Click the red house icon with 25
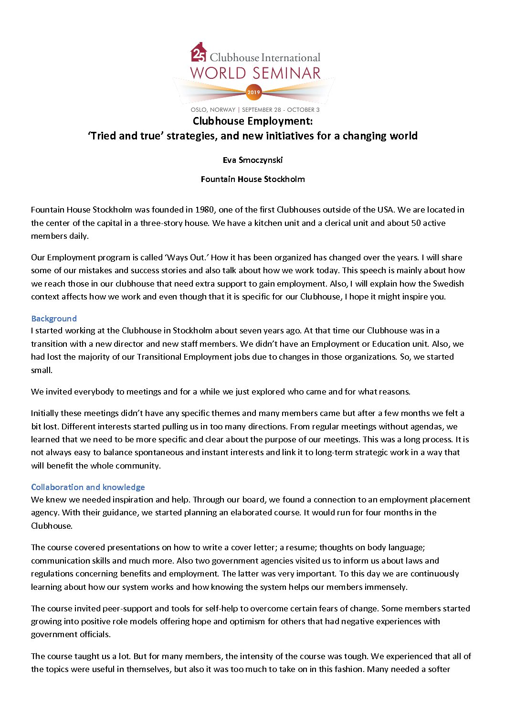click(199, 53)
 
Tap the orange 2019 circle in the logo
click(253, 92)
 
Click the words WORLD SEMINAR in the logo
click(255, 73)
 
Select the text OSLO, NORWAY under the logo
click(213, 110)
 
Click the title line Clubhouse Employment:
click(252, 121)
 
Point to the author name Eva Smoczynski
click(252, 160)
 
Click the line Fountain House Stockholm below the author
click(252, 179)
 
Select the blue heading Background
click(54, 319)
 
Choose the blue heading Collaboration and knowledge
click(88, 487)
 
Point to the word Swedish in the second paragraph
click(448, 283)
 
